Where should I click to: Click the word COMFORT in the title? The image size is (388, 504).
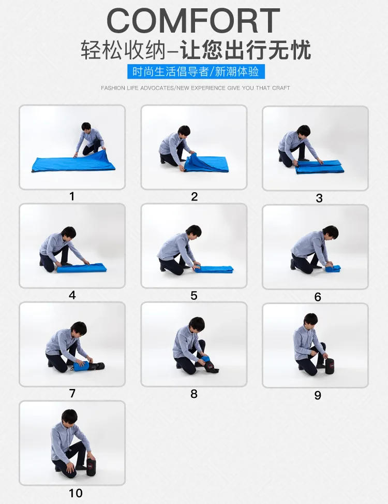(x=193, y=21)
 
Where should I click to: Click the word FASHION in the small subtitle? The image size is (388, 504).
(x=113, y=88)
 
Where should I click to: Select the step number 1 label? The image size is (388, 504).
(x=72, y=196)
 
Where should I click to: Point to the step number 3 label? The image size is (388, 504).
(x=319, y=198)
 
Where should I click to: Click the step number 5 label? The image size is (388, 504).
(x=194, y=296)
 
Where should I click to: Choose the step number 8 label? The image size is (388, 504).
(x=194, y=394)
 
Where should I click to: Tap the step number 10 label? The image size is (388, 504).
(x=76, y=493)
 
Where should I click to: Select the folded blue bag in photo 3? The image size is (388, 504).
(x=319, y=167)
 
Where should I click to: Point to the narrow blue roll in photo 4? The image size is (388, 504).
(x=82, y=268)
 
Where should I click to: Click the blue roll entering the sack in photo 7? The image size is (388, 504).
(x=82, y=366)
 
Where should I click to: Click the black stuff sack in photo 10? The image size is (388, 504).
(x=91, y=467)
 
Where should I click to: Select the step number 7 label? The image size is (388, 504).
(x=72, y=394)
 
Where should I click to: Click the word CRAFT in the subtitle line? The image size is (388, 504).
(x=281, y=88)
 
